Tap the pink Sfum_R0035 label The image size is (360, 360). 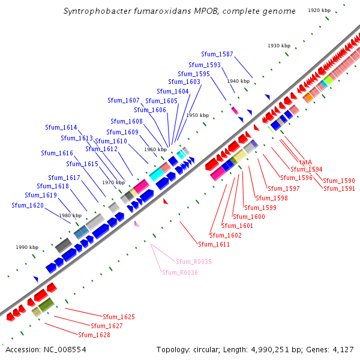[x=193, y=262]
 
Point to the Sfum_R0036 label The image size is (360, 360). [x=180, y=272]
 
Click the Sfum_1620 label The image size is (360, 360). [x=28, y=205]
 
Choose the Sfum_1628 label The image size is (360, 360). [x=94, y=335]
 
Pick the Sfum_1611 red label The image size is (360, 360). [x=214, y=244]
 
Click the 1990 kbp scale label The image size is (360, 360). [x=27, y=247]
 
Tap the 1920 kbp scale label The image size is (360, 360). [x=319, y=10]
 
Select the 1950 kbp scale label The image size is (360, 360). [x=197, y=115]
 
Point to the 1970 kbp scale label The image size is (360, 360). [x=113, y=182]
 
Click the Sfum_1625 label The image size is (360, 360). [x=119, y=317]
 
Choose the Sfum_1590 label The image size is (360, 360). [x=339, y=181]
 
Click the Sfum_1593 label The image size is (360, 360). [x=205, y=65]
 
